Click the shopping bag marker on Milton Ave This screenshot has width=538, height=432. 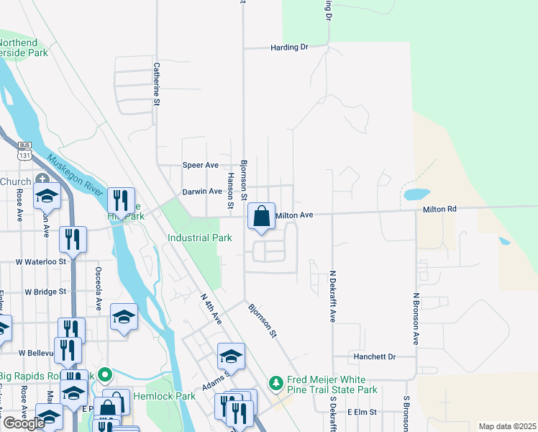pyautogui.click(x=262, y=216)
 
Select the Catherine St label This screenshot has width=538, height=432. pyautogui.click(x=155, y=84)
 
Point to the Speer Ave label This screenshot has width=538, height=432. pyautogui.click(x=201, y=165)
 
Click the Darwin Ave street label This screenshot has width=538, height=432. pyautogui.click(x=201, y=192)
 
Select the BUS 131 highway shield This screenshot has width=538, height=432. pyautogui.click(x=24, y=150)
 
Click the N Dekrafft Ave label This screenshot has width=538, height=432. pyautogui.click(x=333, y=295)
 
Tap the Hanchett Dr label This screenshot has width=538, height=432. pyautogui.click(x=374, y=356)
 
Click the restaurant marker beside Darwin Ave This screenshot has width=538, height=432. pyautogui.click(x=121, y=200)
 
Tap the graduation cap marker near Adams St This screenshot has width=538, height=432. pyautogui.click(x=231, y=356)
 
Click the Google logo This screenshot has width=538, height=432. pyautogui.click(x=24, y=423)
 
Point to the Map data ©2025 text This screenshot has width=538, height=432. pyautogui.click(x=507, y=426)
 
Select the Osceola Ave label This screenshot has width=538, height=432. pyautogui.click(x=98, y=282)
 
